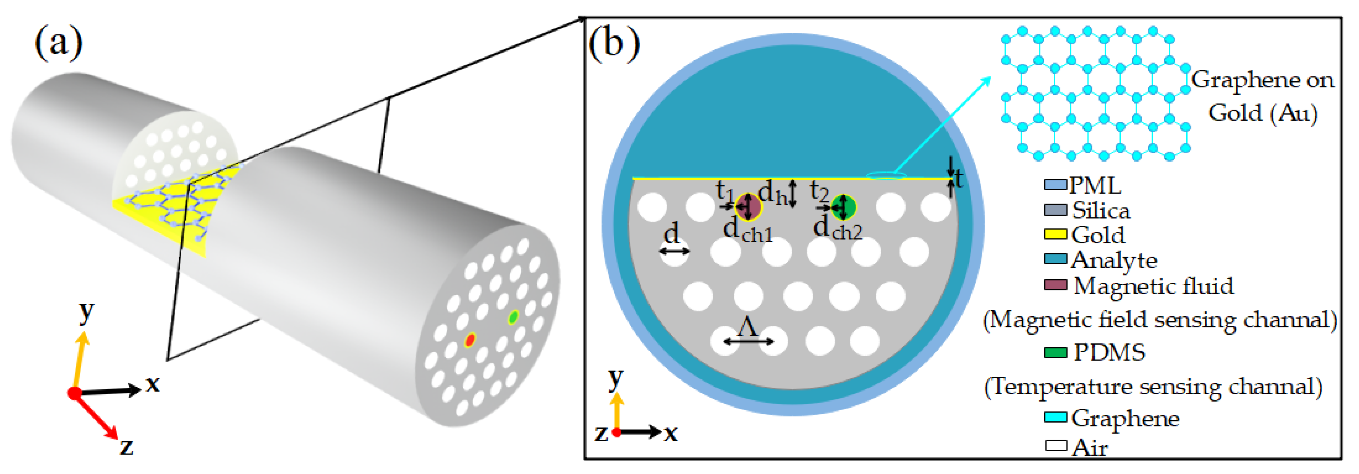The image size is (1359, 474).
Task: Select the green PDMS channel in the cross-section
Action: (x=843, y=207)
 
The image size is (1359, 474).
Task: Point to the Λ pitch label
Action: (x=748, y=327)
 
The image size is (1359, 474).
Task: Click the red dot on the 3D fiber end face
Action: (x=470, y=339)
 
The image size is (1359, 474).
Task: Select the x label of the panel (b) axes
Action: (x=670, y=433)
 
